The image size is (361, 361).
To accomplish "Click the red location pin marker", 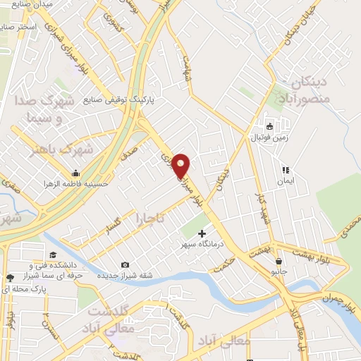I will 182,165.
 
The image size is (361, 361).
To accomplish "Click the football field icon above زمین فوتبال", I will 268,126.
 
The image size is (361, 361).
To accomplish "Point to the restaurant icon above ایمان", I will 286,170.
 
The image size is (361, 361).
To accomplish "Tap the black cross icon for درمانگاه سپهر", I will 203,233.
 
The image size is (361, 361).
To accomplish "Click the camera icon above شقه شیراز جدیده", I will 125,264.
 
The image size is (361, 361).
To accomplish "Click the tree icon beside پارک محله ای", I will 9,279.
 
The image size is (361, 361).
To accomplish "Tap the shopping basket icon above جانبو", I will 280,260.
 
